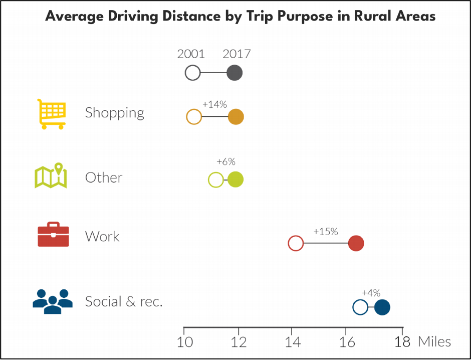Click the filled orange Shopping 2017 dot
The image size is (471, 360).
(x=236, y=117)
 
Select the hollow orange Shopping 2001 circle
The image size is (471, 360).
(x=194, y=117)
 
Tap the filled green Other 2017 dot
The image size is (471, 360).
(x=235, y=179)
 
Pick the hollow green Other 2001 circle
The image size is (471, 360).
(x=215, y=179)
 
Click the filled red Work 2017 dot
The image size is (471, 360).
(x=356, y=244)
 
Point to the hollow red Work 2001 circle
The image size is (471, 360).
(x=296, y=244)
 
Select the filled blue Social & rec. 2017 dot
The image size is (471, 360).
(x=382, y=307)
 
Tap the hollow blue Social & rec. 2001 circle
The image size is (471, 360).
(x=360, y=307)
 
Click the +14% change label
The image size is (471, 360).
(x=214, y=105)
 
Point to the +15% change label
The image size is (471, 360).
(x=326, y=232)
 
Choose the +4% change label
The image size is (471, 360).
(x=371, y=293)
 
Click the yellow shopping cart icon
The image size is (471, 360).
(x=52, y=114)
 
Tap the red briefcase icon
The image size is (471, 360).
(x=53, y=235)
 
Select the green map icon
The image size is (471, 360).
(x=51, y=175)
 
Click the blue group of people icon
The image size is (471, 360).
(x=53, y=301)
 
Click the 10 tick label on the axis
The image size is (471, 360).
(x=185, y=342)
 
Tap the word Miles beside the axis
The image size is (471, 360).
(x=434, y=342)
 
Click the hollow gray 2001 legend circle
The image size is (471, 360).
(x=192, y=73)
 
